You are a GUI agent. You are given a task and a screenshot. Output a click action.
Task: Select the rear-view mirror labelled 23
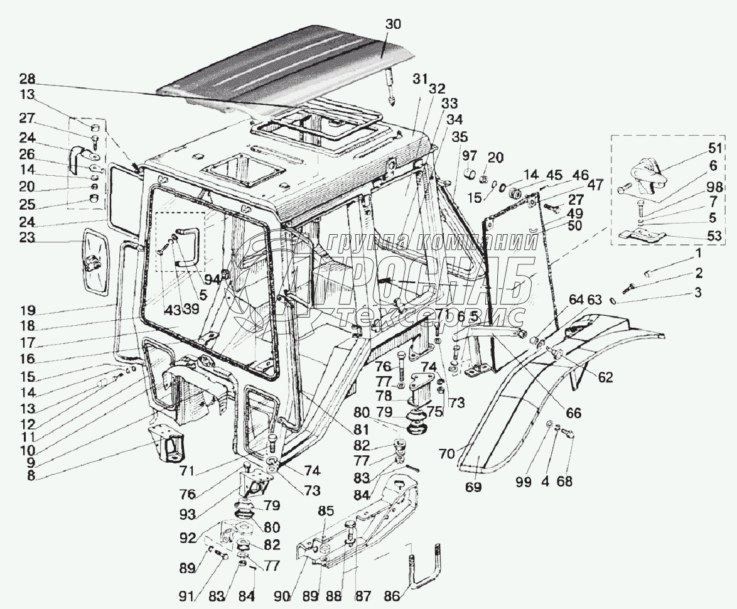click(97, 259)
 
